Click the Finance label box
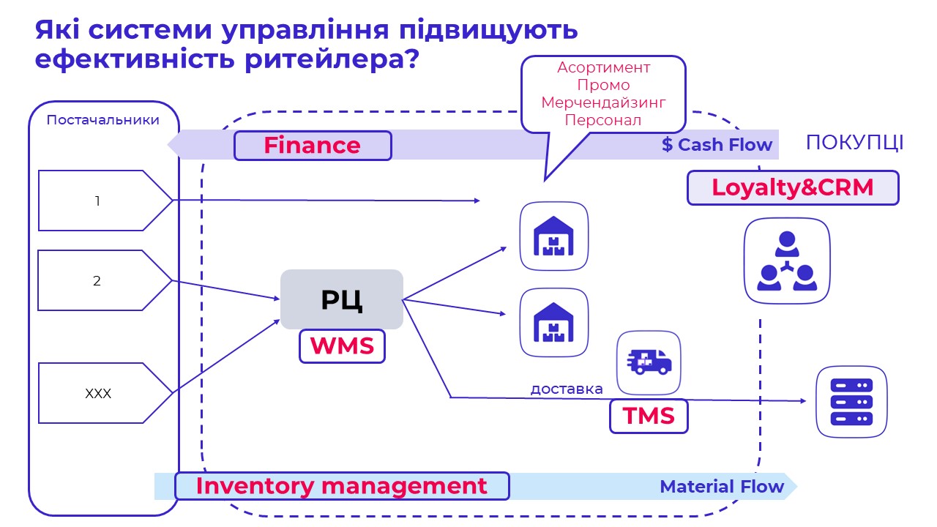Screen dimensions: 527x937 [x=313, y=146]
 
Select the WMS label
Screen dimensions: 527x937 [x=342, y=345]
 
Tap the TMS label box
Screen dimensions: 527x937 [x=649, y=416]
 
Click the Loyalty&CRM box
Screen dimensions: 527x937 [x=793, y=187]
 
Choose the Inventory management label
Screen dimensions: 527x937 [x=342, y=486]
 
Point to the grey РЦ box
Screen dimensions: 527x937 [x=342, y=299]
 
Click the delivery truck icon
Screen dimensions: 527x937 [x=649, y=362]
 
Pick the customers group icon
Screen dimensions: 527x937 [x=787, y=260]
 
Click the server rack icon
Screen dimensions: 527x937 [x=851, y=402]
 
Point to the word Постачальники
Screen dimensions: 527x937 [x=103, y=120]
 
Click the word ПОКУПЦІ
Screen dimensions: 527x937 [x=854, y=143]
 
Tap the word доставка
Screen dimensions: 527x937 [x=567, y=389]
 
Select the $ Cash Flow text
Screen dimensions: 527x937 [x=717, y=145]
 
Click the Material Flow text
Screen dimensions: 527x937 [x=722, y=487]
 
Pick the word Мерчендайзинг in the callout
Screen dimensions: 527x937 [x=603, y=102]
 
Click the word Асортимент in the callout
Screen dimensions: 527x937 [x=603, y=67]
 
